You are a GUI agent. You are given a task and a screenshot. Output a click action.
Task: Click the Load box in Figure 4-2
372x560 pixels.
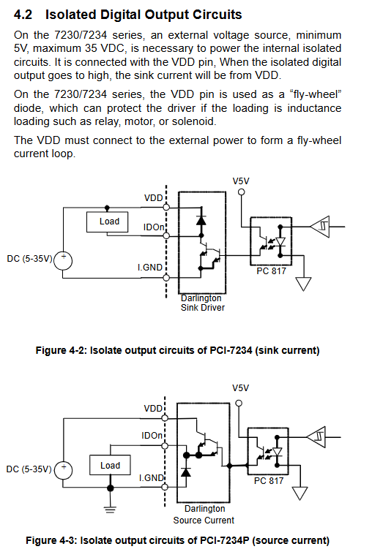click(x=108, y=222)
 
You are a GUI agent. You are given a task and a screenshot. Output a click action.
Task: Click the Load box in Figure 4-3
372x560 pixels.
click(x=110, y=465)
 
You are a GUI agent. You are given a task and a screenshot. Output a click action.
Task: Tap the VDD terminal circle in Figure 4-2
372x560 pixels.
click(x=166, y=207)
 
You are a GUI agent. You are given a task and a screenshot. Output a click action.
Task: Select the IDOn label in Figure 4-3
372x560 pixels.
click(x=152, y=436)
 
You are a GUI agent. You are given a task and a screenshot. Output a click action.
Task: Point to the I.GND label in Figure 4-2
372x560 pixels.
click(x=150, y=267)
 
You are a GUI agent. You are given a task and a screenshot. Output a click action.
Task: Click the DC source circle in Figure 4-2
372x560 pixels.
click(x=63, y=261)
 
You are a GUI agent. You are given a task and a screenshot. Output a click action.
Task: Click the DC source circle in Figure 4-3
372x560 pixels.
click(x=63, y=470)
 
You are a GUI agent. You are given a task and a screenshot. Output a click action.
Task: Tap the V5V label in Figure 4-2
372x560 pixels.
click(x=241, y=181)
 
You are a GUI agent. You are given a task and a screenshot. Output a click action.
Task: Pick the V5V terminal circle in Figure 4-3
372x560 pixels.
click(x=239, y=404)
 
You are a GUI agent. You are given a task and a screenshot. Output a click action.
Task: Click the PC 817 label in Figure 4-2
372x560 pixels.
click(x=271, y=271)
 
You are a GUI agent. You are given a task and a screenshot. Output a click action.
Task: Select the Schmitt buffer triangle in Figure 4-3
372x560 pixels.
click(x=316, y=436)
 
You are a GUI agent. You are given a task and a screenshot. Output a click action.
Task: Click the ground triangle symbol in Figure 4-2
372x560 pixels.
click(x=303, y=284)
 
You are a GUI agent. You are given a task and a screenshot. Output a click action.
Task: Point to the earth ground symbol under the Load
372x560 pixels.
click(x=110, y=510)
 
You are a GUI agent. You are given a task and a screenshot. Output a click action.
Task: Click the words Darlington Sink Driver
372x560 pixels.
click(x=202, y=303)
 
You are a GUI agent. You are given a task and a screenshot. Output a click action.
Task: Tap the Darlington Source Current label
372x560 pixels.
click(x=204, y=514)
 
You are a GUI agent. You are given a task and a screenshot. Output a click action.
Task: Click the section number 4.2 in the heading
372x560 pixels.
click(x=23, y=15)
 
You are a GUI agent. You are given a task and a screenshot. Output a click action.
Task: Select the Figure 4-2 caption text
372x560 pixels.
click(x=177, y=350)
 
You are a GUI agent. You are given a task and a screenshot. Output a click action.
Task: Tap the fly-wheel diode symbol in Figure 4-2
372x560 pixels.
click(x=201, y=220)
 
